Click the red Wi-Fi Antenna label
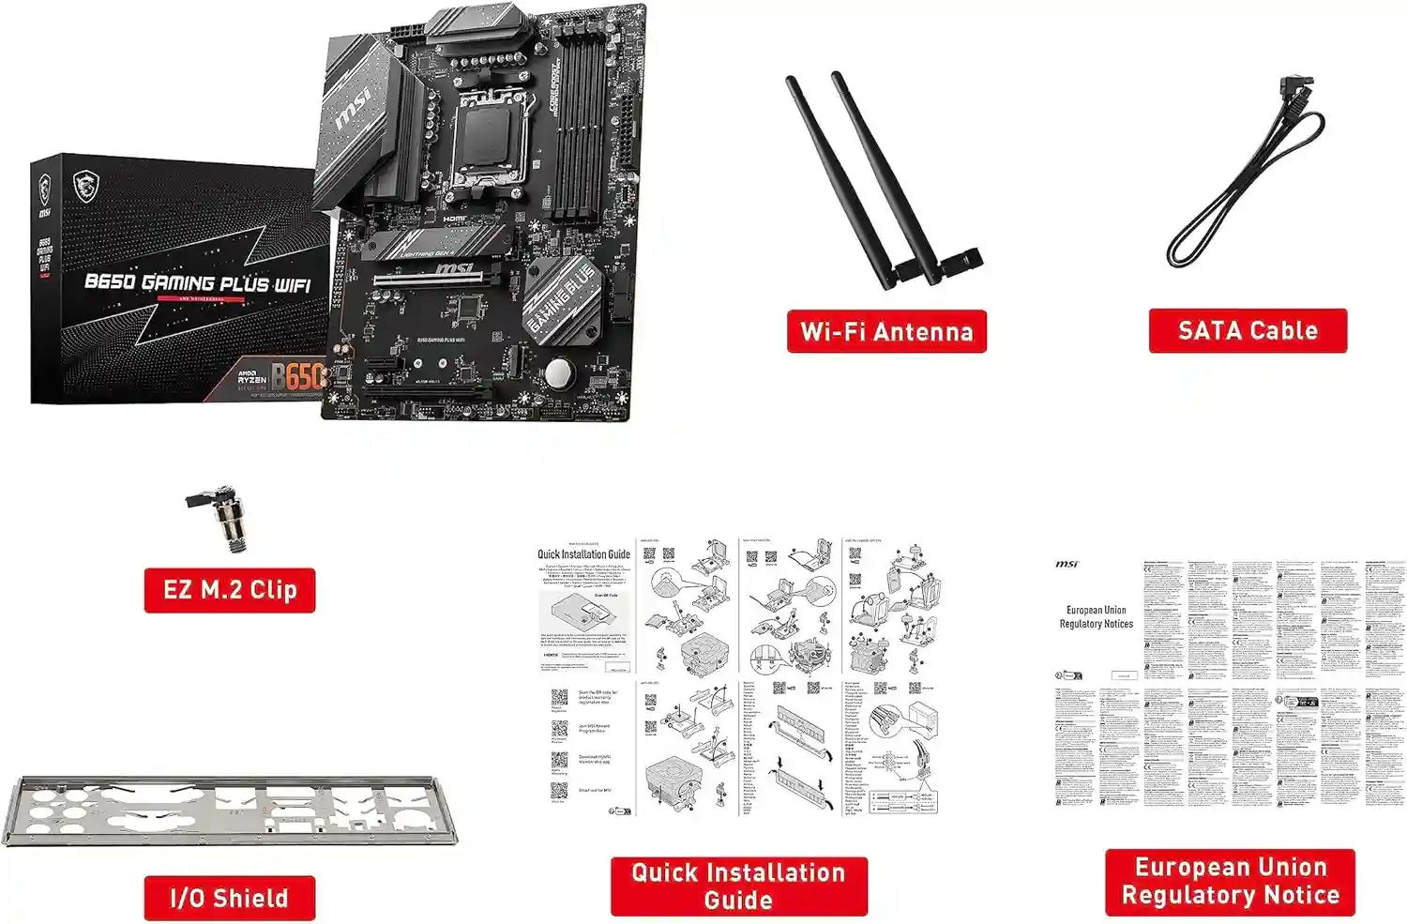click(886, 331)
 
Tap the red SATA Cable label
click(1248, 330)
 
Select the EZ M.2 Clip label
click(230, 590)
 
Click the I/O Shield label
click(230, 898)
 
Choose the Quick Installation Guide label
click(738, 886)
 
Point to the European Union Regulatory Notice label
click(1230, 881)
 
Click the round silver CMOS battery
click(558, 373)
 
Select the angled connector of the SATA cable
click(1295, 95)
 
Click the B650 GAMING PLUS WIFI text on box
click(197, 282)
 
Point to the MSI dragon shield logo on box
click(85, 186)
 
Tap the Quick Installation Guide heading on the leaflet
click(583, 554)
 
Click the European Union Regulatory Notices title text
click(1096, 616)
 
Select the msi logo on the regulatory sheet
click(1067, 564)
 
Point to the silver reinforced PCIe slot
click(435, 278)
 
